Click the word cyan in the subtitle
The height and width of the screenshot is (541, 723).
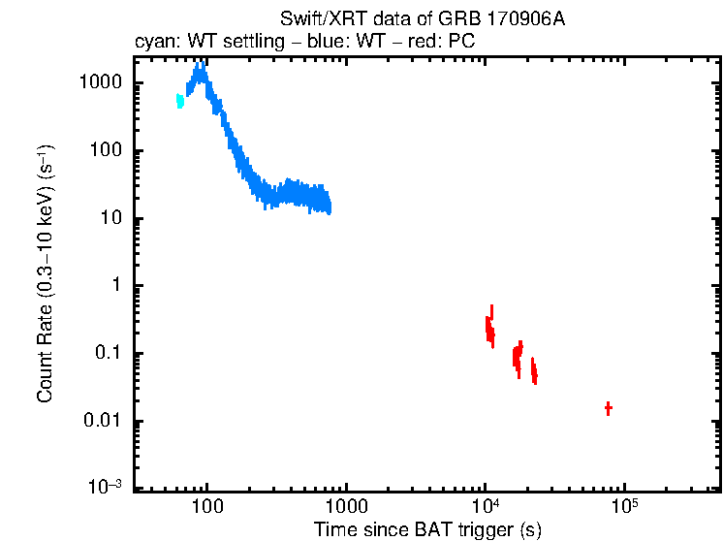[153, 43]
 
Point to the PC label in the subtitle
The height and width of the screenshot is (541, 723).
[458, 43]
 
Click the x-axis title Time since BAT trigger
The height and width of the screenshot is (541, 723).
[427, 529]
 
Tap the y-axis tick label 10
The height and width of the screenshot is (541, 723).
[111, 218]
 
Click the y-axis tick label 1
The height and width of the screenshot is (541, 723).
[116, 286]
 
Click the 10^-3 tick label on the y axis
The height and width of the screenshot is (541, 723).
[105, 488]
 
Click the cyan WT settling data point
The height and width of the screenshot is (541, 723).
[179, 100]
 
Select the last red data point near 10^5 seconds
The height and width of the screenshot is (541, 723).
[608, 408]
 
